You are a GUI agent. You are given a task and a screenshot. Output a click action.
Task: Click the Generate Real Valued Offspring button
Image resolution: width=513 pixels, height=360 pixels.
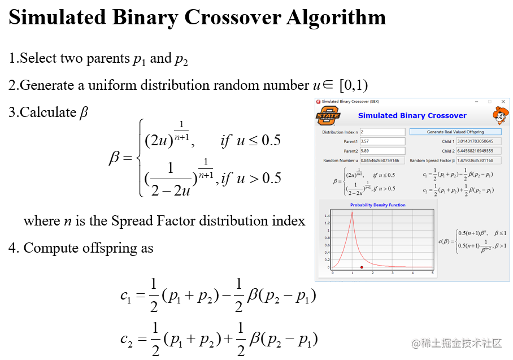click(x=455, y=132)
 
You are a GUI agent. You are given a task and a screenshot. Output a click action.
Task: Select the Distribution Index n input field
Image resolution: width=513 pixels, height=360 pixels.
click(x=382, y=132)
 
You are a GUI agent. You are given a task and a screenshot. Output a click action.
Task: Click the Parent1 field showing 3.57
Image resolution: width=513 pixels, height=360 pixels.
click(x=382, y=141)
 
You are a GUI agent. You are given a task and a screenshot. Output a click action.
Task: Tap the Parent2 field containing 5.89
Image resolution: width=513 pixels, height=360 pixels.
click(x=382, y=151)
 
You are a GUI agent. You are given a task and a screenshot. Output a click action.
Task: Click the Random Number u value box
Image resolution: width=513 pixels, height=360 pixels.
click(x=382, y=161)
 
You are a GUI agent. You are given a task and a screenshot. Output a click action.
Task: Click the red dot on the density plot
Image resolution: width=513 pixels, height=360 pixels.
click(x=362, y=267)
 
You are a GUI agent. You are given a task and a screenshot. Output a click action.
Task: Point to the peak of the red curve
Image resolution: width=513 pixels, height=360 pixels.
click(x=353, y=212)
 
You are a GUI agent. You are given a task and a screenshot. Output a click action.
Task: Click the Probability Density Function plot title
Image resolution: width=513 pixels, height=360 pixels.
click(x=377, y=205)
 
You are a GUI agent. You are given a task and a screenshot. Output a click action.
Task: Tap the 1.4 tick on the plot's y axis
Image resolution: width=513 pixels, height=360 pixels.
click(x=327, y=216)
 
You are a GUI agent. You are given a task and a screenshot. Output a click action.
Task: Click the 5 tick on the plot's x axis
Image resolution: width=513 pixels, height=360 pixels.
click(x=432, y=273)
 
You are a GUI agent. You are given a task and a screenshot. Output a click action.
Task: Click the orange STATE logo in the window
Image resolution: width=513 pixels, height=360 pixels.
click(x=328, y=115)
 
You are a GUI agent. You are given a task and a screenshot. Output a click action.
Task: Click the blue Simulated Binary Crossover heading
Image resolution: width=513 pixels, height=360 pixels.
click(x=412, y=116)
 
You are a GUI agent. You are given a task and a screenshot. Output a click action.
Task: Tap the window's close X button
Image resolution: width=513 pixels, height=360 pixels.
click(x=503, y=102)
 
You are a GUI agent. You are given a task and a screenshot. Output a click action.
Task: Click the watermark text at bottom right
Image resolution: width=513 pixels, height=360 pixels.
click(x=457, y=343)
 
